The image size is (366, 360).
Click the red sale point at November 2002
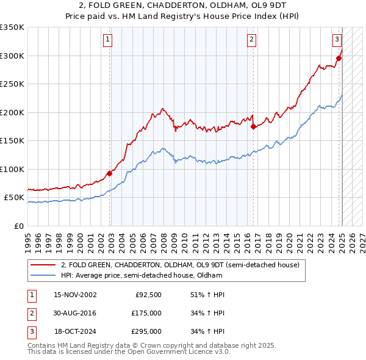tap(110, 173)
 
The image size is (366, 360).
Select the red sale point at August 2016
tap(254, 127)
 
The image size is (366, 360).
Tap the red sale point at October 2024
tap(339, 59)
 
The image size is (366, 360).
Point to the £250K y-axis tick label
tap(12, 84)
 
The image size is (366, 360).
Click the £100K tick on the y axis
tap(12, 169)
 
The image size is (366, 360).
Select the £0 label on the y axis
tap(18, 226)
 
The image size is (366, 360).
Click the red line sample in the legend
tap(43, 265)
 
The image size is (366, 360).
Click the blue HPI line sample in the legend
tap(43, 275)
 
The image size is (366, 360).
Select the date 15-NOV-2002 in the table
tap(76, 295)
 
